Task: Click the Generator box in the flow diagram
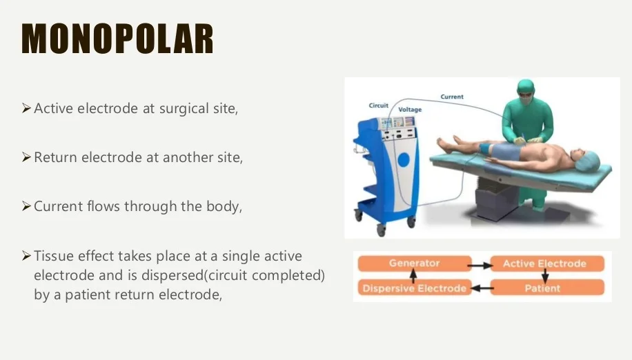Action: click(x=414, y=263)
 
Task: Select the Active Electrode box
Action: click(x=544, y=263)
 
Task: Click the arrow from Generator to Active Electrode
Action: click(x=479, y=263)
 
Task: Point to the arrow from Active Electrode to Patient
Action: click(x=545, y=276)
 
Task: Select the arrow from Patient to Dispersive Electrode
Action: click(x=482, y=288)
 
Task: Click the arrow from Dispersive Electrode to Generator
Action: click(x=413, y=276)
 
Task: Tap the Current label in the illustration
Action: click(x=452, y=97)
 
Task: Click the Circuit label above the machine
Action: click(x=378, y=106)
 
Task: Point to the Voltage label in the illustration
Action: click(x=410, y=110)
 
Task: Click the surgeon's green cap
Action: click(x=526, y=88)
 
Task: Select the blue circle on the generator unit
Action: click(x=404, y=161)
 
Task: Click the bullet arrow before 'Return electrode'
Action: click(x=26, y=157)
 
